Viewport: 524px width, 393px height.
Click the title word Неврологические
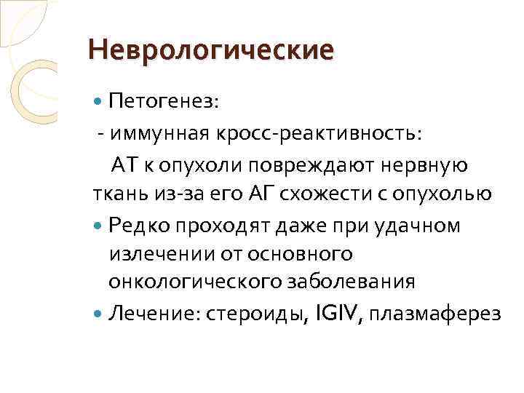[210, 50]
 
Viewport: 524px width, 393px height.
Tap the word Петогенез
[163, 101]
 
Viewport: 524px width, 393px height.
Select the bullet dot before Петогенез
[100, 102]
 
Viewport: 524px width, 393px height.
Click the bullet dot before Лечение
[100, 314]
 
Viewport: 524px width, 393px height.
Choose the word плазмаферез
[435, 314]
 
